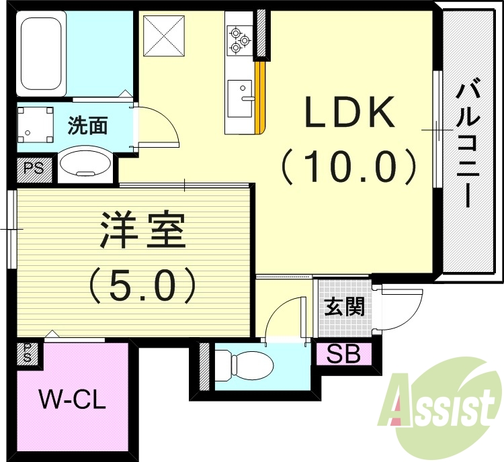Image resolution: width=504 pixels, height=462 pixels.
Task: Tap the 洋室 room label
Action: click(142, 230)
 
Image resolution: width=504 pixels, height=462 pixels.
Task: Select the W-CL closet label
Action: click(72, 401)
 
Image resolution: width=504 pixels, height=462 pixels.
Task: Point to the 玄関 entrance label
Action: click(345, 307)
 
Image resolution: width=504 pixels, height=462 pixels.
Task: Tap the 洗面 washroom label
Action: click(87, 125)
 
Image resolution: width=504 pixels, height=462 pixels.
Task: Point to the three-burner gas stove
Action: click(239, 38)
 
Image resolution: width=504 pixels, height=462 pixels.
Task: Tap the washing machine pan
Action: click(36, 124)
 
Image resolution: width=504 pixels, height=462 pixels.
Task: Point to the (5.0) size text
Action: click(142, 284)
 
